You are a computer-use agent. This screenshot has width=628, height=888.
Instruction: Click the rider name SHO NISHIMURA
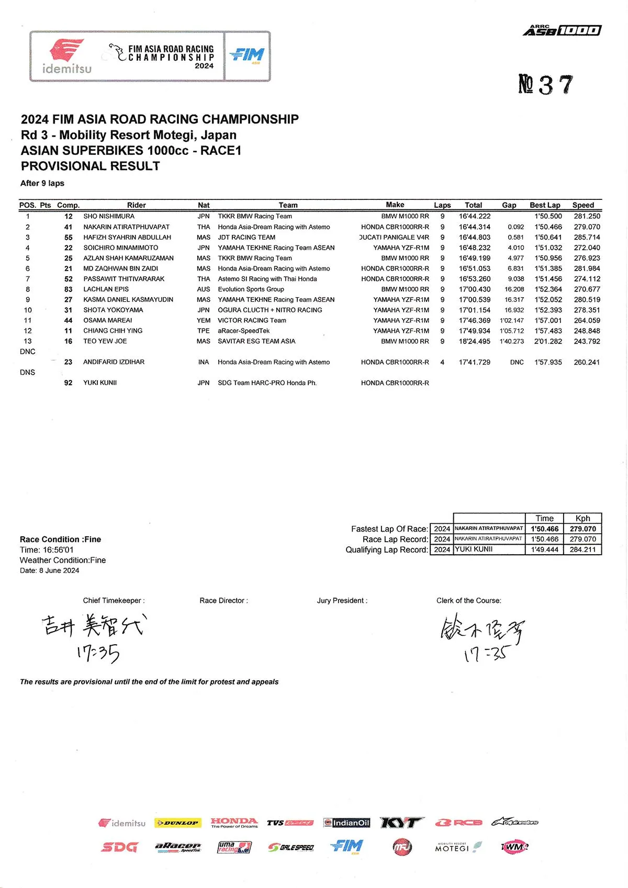pyautogui.click(x=109, y=216)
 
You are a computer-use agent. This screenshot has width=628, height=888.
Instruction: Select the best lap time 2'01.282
pyautogui.click(x=548, y=341)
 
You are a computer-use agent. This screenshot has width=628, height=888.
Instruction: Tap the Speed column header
pyautogui.click(x=583, y=205)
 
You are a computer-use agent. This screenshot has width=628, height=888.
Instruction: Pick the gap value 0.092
pyautogui.click(x=515, y=227)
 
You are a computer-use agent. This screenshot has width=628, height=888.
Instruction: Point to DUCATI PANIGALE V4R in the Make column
pyautogui.click(x=395, y=237)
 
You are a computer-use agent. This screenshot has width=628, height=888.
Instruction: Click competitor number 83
pyautogui.click(x=69, y=289)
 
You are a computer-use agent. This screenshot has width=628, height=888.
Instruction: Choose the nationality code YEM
pyautogui.click(x=204, y=320)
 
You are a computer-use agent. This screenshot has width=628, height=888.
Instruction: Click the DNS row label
pyautogui.click(x=28, y=373)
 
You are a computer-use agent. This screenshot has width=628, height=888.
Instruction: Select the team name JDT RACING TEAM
pyautogui.click(x=246, y=237)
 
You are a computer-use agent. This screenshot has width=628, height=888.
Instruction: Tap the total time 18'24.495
pyautogui.click(x=475, y=341)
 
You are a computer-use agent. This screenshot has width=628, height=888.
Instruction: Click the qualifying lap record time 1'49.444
pyautogui.click(x=545, y=549)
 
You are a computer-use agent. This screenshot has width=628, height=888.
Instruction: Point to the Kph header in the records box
pyautogui.click(x=582, y=518)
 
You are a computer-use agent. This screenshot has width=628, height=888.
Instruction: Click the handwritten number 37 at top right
pyautogui.click(x=546, y=85)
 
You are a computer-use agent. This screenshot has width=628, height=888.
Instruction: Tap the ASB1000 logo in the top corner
pyautogui.click(x=562, y=30)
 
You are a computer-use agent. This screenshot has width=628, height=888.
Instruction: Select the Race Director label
pyautogui.click(x=223, y=601)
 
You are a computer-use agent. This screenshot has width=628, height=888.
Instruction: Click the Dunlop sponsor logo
pyautogui.click(x=177, y=823)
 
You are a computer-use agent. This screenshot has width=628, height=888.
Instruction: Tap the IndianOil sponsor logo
pyautogui.click(x=346, y=823)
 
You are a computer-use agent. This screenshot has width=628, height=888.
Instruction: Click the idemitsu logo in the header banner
pyautogui.click(x=66, y=57)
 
